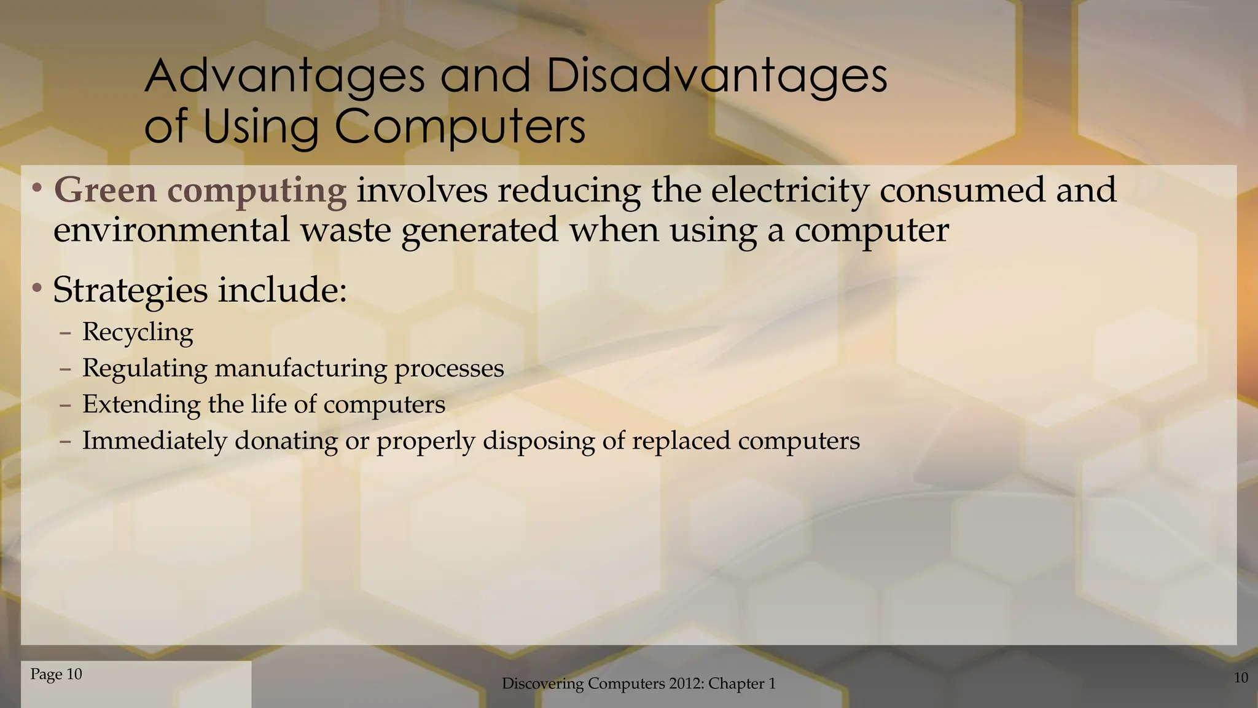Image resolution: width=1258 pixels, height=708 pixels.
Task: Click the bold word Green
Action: pos(105,190)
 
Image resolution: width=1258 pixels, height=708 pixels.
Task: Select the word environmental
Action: pos(171,230)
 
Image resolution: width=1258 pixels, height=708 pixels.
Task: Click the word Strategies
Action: pos(130,290)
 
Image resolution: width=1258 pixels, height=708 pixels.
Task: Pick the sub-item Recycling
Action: pos(138,332)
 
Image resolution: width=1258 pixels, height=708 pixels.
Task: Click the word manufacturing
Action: pos(300,368)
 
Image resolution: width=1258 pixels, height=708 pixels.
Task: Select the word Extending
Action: pos(141,404)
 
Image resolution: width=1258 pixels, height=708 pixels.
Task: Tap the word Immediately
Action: pos(154,441)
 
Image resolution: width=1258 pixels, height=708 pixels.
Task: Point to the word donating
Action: pos(286,441)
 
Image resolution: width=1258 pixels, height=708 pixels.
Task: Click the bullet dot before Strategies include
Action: pos(37,288)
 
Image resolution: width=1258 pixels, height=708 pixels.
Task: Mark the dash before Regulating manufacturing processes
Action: pos(66,369)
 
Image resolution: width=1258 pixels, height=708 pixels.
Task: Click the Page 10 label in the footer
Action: pos(56,674)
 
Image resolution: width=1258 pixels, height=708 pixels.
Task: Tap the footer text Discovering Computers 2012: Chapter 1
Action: pos(638,683)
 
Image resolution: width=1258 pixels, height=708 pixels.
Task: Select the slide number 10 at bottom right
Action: pos(1241,678)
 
